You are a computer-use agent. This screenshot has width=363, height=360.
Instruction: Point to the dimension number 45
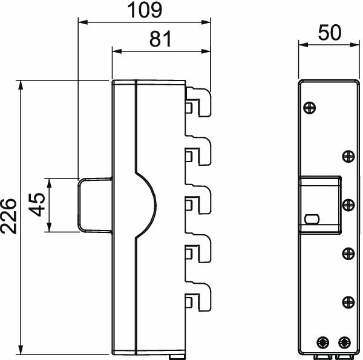[38, 205]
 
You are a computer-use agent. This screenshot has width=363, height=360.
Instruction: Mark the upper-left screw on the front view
[309, 108]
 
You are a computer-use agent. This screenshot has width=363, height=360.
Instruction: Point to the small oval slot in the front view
[312, 218]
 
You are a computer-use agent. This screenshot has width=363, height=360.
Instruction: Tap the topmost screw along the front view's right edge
[348, 156]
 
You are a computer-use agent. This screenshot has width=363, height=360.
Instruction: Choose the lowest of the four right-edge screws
[348, 301]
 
